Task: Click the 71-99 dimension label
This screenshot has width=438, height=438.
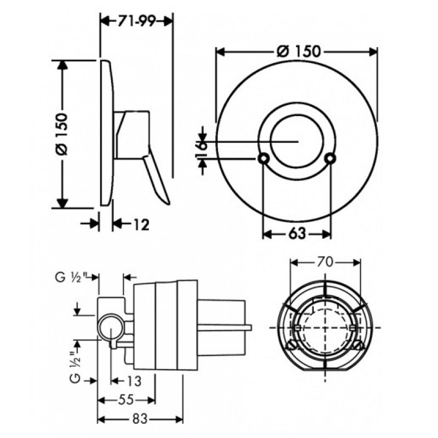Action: [136, 21]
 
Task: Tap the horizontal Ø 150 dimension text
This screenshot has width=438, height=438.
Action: [298, 51]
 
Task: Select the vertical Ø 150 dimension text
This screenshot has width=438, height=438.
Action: [62, 134]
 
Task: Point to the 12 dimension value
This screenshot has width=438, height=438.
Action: [141, 224]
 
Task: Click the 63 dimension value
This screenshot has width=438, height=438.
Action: [297, 234]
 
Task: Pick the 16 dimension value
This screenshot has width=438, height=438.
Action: [201, 149]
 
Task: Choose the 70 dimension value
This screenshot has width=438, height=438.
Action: [325, 262]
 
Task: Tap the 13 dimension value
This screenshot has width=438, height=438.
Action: [134, 381]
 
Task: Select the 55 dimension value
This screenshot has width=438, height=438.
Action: [126, 400]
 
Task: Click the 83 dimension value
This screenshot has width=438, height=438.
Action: [140, 419]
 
